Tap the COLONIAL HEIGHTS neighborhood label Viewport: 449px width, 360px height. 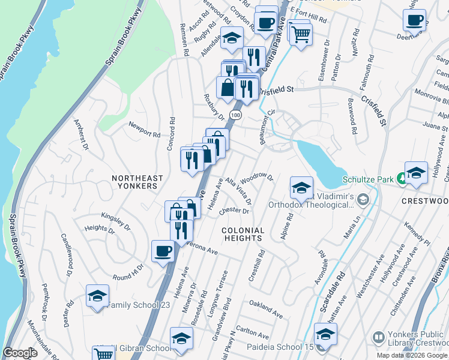pyautogui.click(x=243, y=235)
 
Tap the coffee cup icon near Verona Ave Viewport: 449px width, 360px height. pyautogui.click(x=163, y=251)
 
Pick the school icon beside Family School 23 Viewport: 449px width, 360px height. pyautogui.click(x=97, y=296)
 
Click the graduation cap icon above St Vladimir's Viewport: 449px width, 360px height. pyautogui.click(x=302, y=188)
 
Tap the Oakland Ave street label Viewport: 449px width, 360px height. pyautogui.click(x=266, y=313)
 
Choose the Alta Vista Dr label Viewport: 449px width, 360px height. pyautogui.click(x=238, y=191)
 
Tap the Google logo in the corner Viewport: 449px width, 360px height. pyautogui.click(x=20, y=353)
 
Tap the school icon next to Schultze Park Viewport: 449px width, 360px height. pyautogui.click(x=416, y=173)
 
